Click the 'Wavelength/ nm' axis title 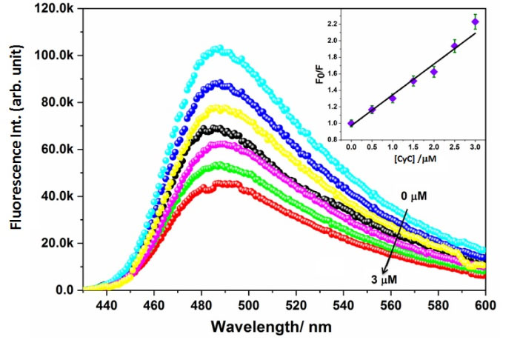[283, 327]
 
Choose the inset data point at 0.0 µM [351, 123]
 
